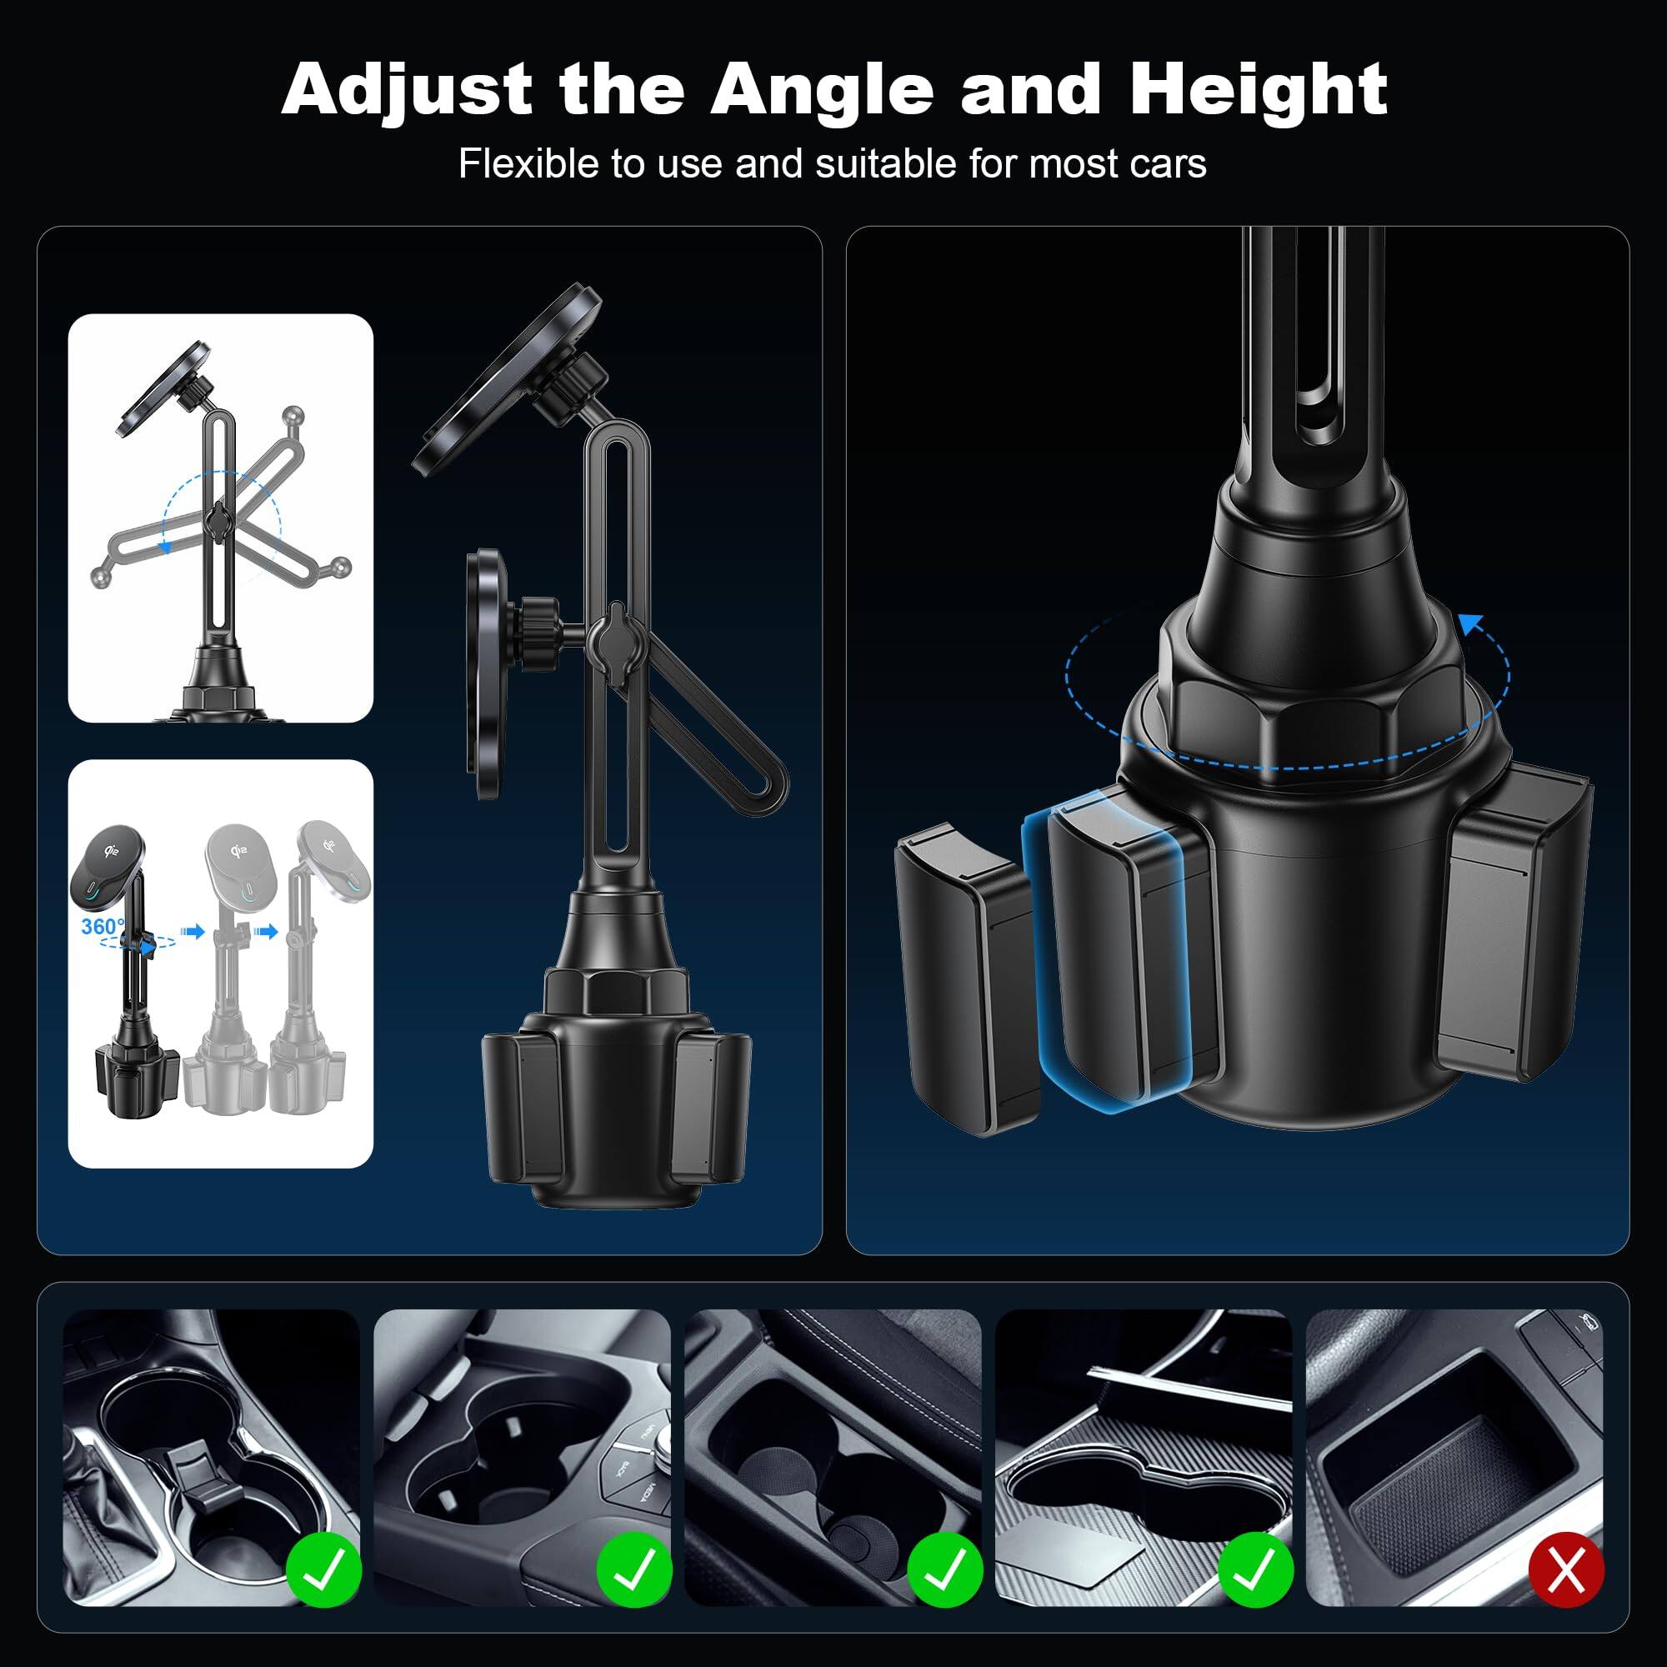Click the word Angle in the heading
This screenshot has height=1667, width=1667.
click(822, 91)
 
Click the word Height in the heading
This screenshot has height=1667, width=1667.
click(1258, 89)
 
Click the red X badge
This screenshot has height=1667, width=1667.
click(1565, 1569)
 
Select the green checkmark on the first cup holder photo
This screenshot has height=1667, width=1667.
click(323, 1569)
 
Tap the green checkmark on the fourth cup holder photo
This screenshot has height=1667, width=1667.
click(1255, 1569)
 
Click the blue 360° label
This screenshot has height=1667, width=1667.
click(102, 927)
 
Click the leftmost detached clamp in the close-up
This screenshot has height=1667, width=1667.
click(966, 975)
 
